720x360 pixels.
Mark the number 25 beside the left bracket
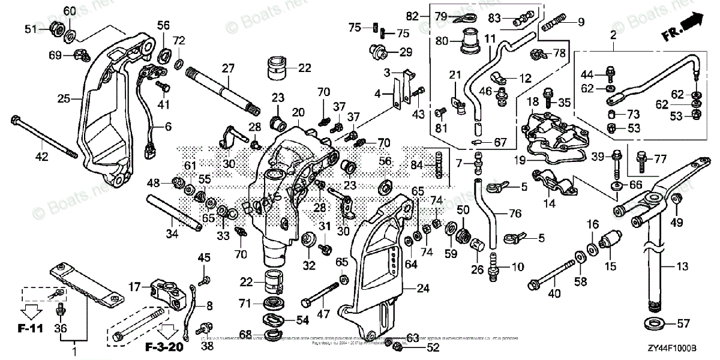pyautogui.click(x=63, y=98)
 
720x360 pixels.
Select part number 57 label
pyautogui.click(x=683, y=325)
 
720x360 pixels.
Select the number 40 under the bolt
pyautogui.click(x=555, y=293)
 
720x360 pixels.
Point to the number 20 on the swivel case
pyautogui.click(x=298, y=113)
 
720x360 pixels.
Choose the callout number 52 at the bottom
pyautogui.click(x=416, y=347)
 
